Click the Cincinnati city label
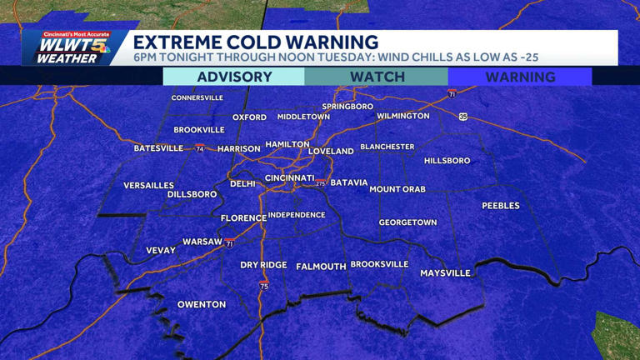289,178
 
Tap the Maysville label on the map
445,273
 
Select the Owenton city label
202,305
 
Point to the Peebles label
501,206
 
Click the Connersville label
197,98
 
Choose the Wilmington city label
403,117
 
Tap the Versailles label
148,186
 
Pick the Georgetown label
407,223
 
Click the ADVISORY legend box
234,77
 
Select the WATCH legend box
377,77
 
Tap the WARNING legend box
520,77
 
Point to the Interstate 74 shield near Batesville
200,149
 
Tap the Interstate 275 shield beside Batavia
321,182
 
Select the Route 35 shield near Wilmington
463,117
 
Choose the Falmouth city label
321,267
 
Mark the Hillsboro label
447,161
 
